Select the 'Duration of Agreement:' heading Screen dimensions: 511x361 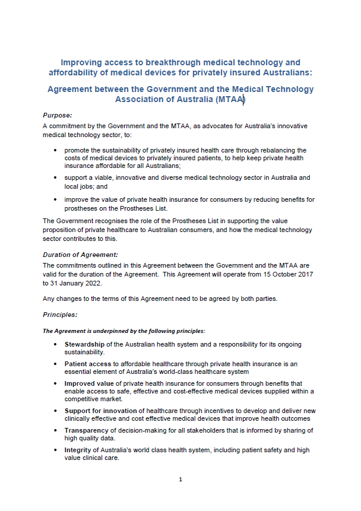pyautogui.click(x=76, y=254)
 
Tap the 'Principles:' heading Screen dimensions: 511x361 pyautogui.click(x=60, y=315)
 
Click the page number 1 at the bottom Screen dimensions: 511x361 pyautogui.click(x=180, y=480)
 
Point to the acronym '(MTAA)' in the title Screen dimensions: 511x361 pyautogui.click(x=229, y=100)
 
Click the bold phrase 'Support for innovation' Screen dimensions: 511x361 pyautogui.click(x=102, y=411)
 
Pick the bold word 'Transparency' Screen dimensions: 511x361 pyautogui.click(x=88, y=430)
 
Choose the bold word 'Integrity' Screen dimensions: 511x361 pyautogui.click(x=78, y=450)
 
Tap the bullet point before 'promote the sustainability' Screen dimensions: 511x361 pyautogui.click(x=55, y=151)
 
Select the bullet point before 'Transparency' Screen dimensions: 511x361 pyautogui.click(x=55, y=430)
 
